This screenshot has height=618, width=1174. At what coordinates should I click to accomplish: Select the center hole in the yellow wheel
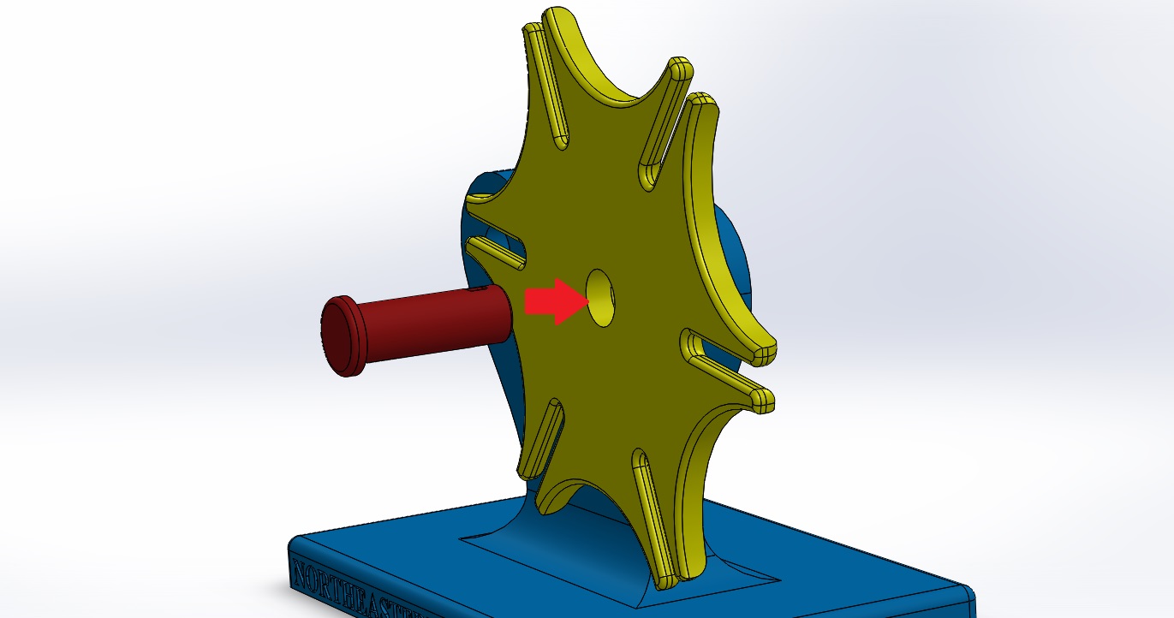(600, 298)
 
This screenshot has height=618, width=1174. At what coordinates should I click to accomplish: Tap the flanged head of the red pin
(343, 336)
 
